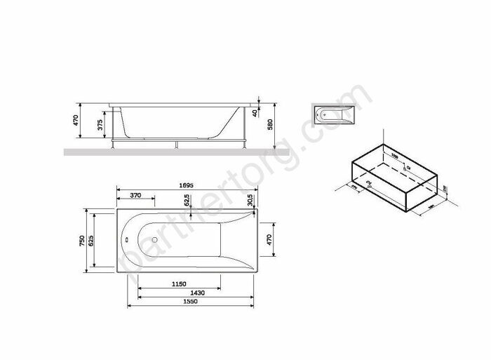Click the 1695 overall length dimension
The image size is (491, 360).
tap(185, 185)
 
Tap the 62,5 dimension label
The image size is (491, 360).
tap(186, 201)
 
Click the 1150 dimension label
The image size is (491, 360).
tap(178, 284)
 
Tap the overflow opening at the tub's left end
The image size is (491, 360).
tap(126, 240)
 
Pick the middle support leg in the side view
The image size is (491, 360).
tap(175, 144)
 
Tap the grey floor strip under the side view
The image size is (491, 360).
tap(168, 151)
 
